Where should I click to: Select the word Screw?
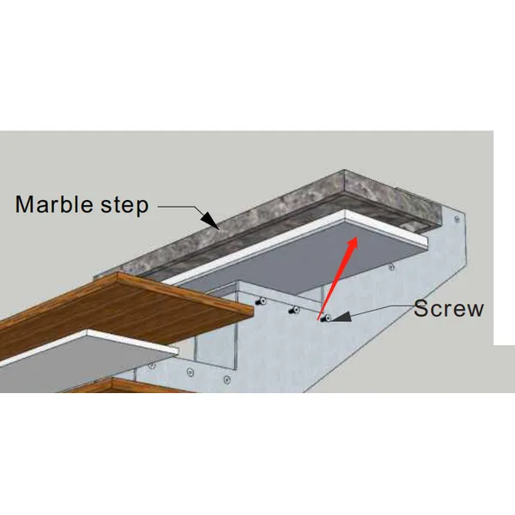tap(448, 309)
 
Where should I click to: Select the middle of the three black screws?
tap(293, 310)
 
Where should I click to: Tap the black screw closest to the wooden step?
tap(261, 302)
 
